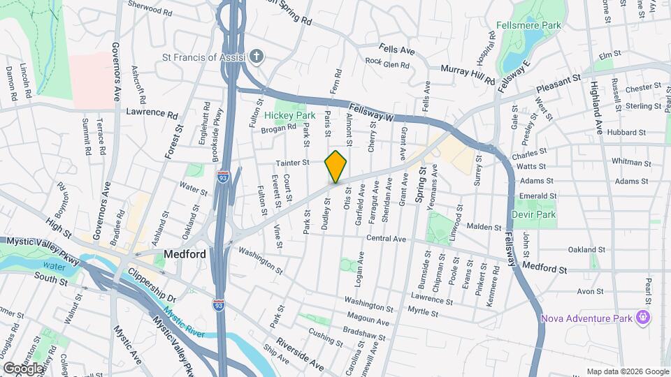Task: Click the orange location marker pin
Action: click(x=335, y=166)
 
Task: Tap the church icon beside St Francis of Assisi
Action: click(x=257, y=56)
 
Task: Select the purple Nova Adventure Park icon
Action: click(x=643, y=318)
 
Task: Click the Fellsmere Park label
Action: click(x=528, y=24)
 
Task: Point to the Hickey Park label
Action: click(x=287, y=114)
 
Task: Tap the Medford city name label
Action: click(x=185, y=254)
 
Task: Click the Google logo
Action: click(x=23, y=368)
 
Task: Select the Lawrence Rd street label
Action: click(x=152, y=112)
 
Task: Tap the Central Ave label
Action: click(x=387, y=239)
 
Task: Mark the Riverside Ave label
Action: click(x=300, y=355)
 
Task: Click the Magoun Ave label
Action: click(x=368, y=322)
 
